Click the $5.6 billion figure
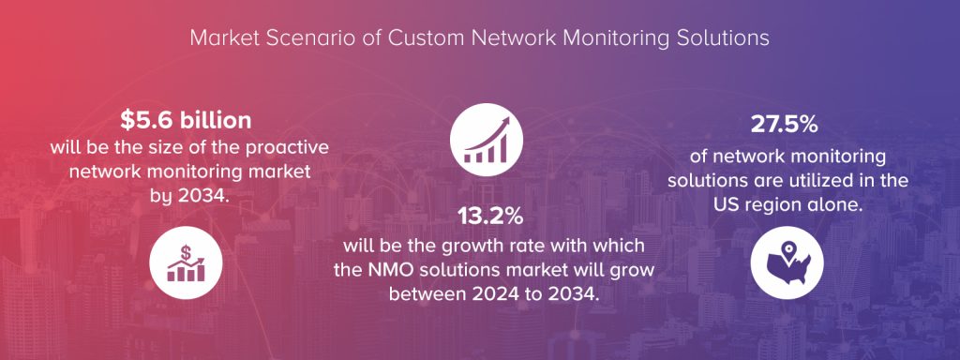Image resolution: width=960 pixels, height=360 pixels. point(186,121)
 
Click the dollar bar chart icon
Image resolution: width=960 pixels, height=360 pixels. point(186,259)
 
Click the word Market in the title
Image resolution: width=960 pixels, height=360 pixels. point(220,38)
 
